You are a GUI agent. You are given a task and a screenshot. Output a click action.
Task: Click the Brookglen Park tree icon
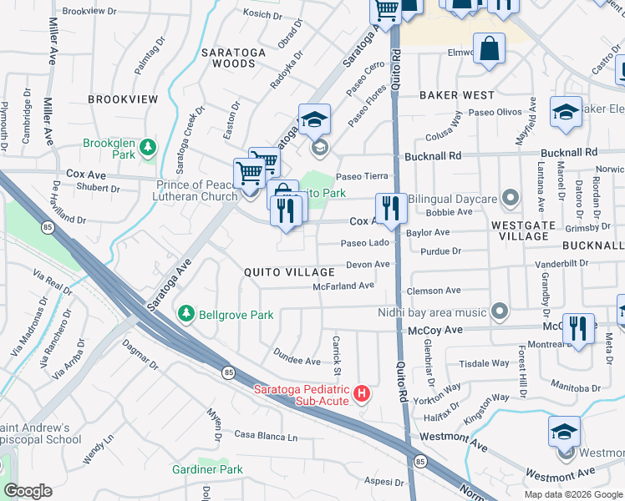pos(148,148)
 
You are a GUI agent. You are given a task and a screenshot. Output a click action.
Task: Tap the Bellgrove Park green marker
pos(186,315)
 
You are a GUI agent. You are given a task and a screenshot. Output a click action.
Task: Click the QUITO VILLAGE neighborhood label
pos(289,272)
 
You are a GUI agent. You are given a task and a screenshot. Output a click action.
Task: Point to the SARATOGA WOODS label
pos(233,58)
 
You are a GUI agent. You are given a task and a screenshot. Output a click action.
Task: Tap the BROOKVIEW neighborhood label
pos(123,99)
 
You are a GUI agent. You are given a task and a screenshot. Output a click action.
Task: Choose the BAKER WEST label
pos(456,95)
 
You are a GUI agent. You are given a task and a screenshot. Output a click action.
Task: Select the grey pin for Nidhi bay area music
pos(500,311)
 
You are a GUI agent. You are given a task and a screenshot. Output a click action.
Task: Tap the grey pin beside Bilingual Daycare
pos(511,199)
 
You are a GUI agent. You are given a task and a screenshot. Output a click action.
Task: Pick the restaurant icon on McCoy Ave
pos(578,328)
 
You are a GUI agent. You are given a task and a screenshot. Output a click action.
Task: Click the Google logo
pos(28,491)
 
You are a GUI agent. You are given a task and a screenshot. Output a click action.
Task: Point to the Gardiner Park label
pos(207,469)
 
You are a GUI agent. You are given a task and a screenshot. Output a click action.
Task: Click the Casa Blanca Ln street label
pos(265,437)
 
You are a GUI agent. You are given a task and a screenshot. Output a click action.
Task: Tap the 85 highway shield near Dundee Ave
pos(226,372)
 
